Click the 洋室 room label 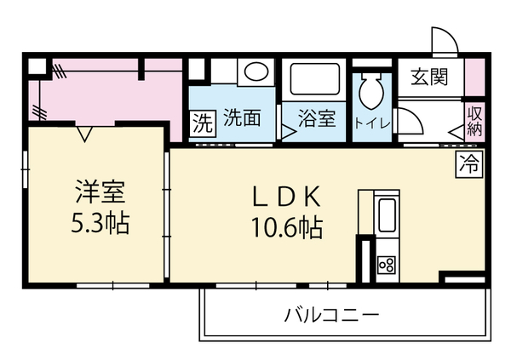tap(100, 191)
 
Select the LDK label tap(286, 197)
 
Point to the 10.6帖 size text tap(287, 227)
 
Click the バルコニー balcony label tap(332, 314)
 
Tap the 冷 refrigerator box tap(469, 164)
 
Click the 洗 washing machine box tap(203, 123)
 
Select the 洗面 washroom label tap(242, 118)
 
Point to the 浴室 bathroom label tap(317, 118)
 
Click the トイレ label tap(372, 123)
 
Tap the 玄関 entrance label tap(429, 77)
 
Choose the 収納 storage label tap(474, 122)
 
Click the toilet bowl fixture tap(371, 91)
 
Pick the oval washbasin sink tap(256, 71)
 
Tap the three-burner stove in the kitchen tap(387, 264)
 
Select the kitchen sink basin tap(387, 214)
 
